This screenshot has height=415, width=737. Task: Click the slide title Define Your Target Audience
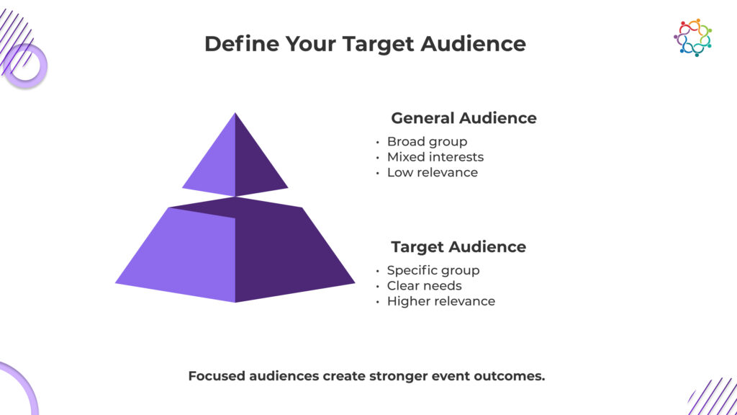365,44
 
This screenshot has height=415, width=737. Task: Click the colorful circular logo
693,37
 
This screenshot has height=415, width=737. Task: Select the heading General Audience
464,117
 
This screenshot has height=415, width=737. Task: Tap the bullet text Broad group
427,142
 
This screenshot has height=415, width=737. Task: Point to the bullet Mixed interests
435,156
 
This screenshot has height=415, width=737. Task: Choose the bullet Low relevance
433,172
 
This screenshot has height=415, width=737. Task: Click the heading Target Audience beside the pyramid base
458,246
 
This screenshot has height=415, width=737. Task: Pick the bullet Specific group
433,271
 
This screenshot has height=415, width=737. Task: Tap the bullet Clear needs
424,285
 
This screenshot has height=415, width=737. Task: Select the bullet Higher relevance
441,301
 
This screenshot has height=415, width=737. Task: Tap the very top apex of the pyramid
235,113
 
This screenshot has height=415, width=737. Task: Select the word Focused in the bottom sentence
216,376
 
